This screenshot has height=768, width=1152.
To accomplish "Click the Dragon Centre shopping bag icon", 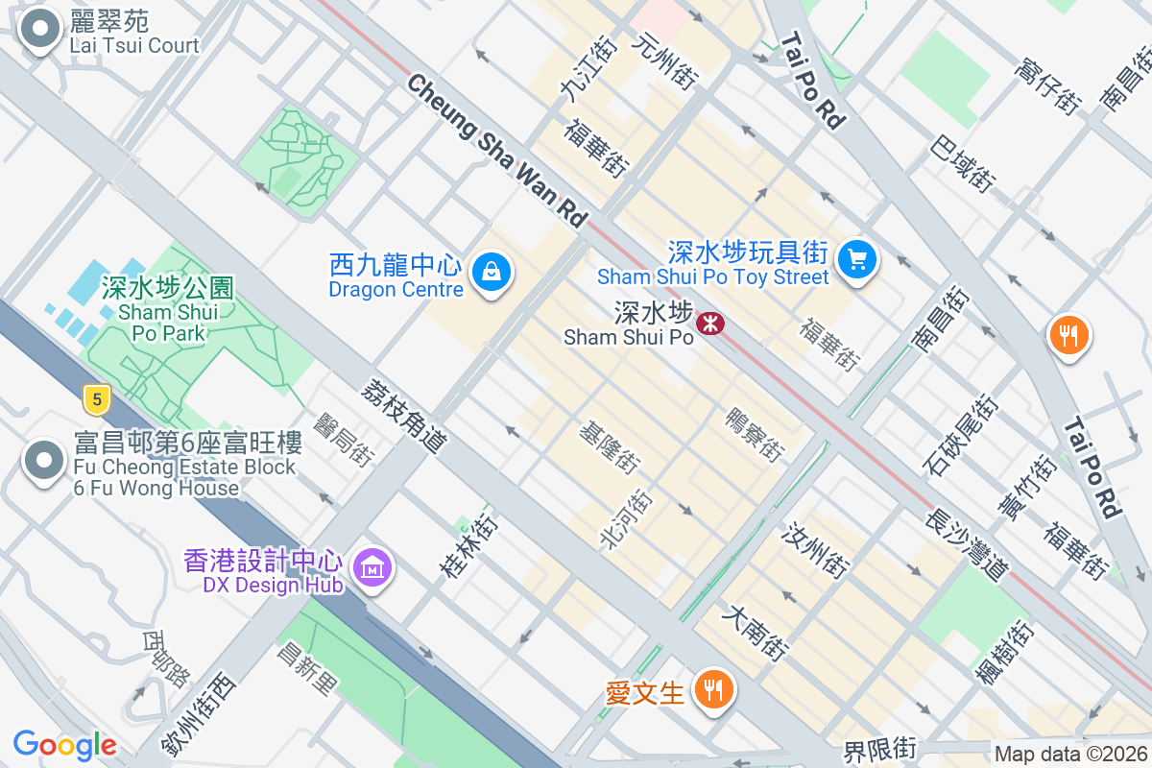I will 492,273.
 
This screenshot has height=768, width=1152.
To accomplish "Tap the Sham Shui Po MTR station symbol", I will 710,324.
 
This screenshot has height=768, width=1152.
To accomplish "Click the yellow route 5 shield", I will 94,397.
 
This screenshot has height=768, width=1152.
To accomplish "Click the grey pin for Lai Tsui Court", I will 40,29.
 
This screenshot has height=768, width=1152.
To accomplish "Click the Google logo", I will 64,745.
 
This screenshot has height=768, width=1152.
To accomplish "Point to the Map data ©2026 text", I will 1069,755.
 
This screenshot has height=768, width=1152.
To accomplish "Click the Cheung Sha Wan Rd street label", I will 495,151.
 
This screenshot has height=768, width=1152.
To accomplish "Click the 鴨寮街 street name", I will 755,433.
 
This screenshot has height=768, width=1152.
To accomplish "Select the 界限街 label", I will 880,749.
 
